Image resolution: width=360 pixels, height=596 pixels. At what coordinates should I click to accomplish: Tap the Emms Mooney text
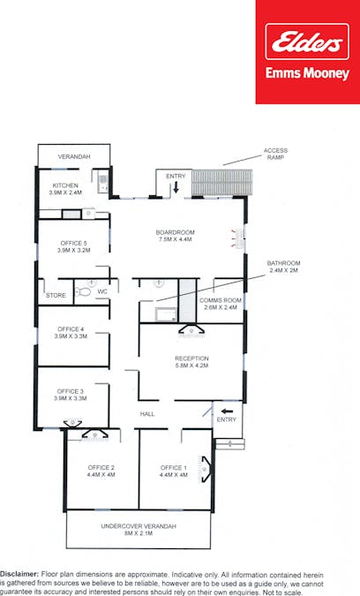pyautogui.click(x=307, y=74)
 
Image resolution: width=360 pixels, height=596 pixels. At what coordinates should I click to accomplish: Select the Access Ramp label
pyautogui.click(x=275, y=155)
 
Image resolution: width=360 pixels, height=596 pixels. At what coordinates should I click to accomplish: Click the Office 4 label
pyautogui.click(x=71, y=333)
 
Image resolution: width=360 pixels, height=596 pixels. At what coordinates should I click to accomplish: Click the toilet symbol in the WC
pyautogui.click(x=84, y=290)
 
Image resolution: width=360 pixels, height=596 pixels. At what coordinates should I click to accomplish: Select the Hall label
pyautogui.click(x=148, y=413)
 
